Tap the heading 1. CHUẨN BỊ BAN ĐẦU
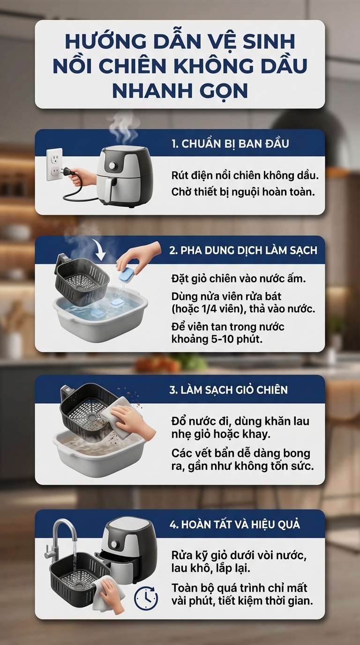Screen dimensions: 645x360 click(230, 143)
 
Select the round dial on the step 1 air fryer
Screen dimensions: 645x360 click(112, 166)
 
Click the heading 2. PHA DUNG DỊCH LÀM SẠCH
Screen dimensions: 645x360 click(243, 250)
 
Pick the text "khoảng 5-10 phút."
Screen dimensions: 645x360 click(217, 339)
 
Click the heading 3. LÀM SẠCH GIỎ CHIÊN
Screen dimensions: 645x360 click(228, 390)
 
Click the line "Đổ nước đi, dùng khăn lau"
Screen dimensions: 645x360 click(240, 422)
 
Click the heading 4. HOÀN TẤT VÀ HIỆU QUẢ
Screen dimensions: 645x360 click(234, 524)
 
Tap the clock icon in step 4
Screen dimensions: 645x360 click(146, 598)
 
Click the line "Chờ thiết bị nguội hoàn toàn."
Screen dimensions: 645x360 click(241, 192)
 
